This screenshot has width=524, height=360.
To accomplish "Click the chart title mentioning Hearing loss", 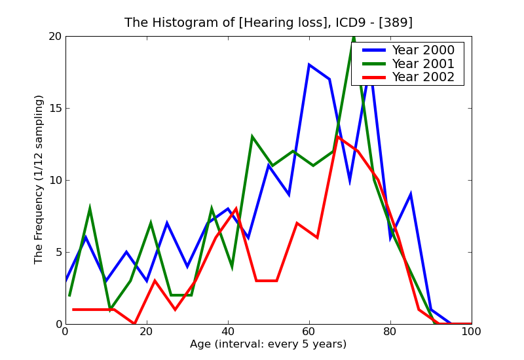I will [x=269, y=23].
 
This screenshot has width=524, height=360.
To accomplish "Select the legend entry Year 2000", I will [x=423, y=50].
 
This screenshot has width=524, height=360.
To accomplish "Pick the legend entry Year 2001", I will [x=423, y=63].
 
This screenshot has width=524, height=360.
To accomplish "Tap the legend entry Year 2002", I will [x=423, y=77].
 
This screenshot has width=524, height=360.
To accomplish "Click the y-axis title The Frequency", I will [x=39, y=179].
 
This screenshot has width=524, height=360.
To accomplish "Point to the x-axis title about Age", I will [x=268, y=344].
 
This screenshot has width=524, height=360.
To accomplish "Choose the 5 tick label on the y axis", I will [x=57, y=253].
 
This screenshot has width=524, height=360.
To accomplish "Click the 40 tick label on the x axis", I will [x=228, y=332].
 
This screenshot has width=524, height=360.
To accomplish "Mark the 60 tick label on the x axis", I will [x=309, y=332].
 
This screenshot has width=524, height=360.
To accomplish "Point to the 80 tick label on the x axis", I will [x=390, y=332].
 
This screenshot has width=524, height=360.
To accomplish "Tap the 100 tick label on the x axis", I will [x=472, y=332].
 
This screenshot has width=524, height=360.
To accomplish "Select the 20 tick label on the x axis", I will [x=147, y=332].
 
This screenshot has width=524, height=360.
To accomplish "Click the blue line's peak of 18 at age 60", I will [x=309, y=65].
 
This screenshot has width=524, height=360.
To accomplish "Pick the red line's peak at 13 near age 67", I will [x=337, y=137].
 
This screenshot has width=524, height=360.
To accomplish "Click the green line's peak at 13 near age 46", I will [x=252, y=137].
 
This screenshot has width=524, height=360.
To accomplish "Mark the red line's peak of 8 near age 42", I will [x=236, y=209].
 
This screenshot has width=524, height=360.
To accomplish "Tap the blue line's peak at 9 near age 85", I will [x=410, y=194].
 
